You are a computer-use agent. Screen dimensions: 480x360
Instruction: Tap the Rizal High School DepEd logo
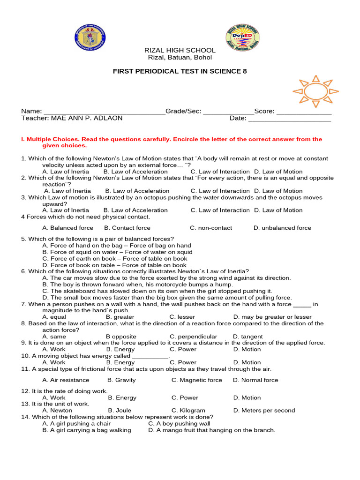point(242,37)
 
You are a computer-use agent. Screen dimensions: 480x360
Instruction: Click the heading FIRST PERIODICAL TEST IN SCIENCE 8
point(180,71)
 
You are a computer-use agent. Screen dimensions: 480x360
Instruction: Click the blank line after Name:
point(104,112)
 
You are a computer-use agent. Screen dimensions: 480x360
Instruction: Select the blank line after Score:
point(304,112)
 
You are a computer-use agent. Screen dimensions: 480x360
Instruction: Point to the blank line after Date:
point(289,119)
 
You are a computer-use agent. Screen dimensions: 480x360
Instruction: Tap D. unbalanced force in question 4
point(282,228)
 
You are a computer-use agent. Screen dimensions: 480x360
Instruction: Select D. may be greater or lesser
point(272,317)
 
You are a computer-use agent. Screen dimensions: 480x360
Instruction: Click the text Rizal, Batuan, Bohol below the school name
point(180,58)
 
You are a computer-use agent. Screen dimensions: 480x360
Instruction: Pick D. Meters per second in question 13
point(264,411)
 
